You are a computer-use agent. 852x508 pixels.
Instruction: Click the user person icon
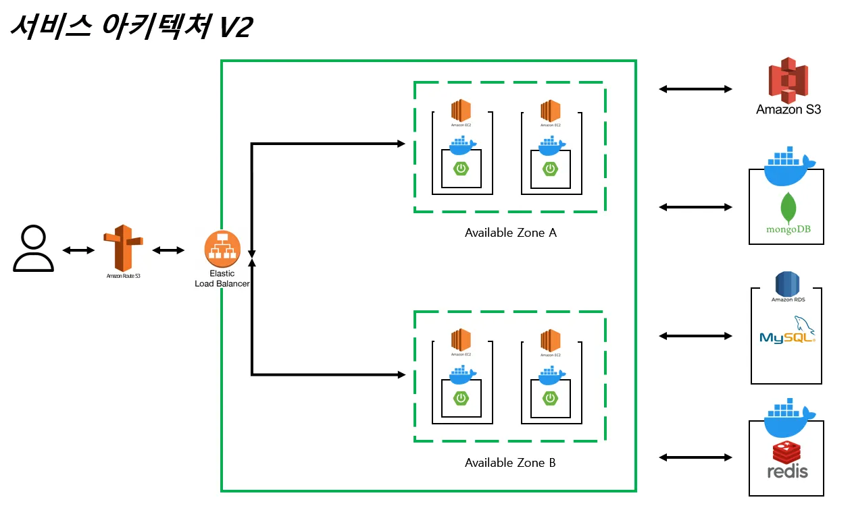coord(33,249)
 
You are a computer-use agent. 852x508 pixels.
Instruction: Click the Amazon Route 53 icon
coord(123,248)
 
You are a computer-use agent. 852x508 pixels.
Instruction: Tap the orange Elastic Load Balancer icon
coord(223,249)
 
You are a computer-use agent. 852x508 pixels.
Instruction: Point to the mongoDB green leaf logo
coord(787,208)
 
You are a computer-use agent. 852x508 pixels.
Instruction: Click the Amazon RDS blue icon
coord(787,283)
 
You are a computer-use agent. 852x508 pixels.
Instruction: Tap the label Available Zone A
coord(510,233)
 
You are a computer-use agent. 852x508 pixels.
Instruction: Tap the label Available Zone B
coord(510,463)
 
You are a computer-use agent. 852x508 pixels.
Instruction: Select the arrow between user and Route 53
coord(78,251)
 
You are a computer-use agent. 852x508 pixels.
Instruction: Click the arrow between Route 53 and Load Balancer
coord(168,251)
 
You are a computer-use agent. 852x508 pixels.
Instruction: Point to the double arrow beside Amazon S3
coord(695,88)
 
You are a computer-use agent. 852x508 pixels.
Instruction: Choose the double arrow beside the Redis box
coord(695,457)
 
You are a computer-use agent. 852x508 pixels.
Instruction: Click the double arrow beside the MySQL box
coord(695,335)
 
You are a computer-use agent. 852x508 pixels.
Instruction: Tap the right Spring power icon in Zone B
coord(551,398)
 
